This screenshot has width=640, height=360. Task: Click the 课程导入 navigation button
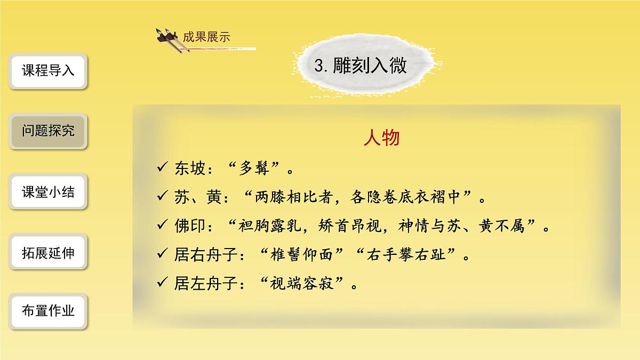(48, 71)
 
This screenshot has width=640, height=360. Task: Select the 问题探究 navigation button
(48, 131)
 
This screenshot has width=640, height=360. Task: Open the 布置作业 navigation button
(48, 311)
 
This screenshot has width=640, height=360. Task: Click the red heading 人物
(381, 138)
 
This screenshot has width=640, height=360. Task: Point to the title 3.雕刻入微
(361, 66)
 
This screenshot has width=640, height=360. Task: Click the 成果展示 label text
(206, 37)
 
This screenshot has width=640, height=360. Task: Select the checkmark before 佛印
(163, 226)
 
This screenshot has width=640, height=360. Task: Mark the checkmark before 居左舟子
(163, 283)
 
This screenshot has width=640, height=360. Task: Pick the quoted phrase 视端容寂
(302, 283)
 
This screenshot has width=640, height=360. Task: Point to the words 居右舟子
(203, 254)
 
